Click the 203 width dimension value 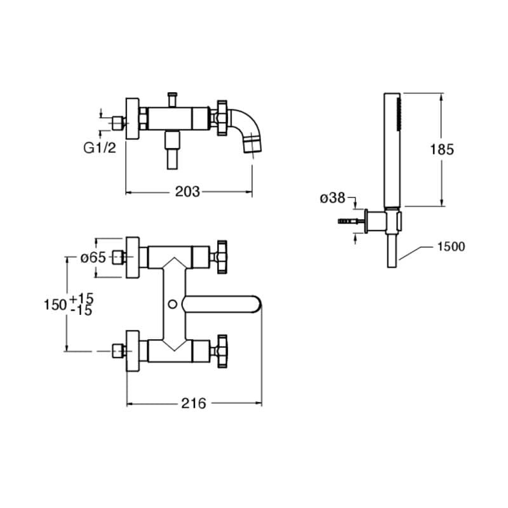188,191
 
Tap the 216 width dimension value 194,403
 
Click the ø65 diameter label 93,258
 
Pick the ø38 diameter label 332,198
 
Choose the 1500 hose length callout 451,246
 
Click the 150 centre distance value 55,305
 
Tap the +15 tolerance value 81,298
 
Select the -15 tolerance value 81,311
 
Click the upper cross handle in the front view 222,257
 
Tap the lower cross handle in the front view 222,349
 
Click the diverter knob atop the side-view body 171,100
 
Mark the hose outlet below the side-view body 171,152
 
